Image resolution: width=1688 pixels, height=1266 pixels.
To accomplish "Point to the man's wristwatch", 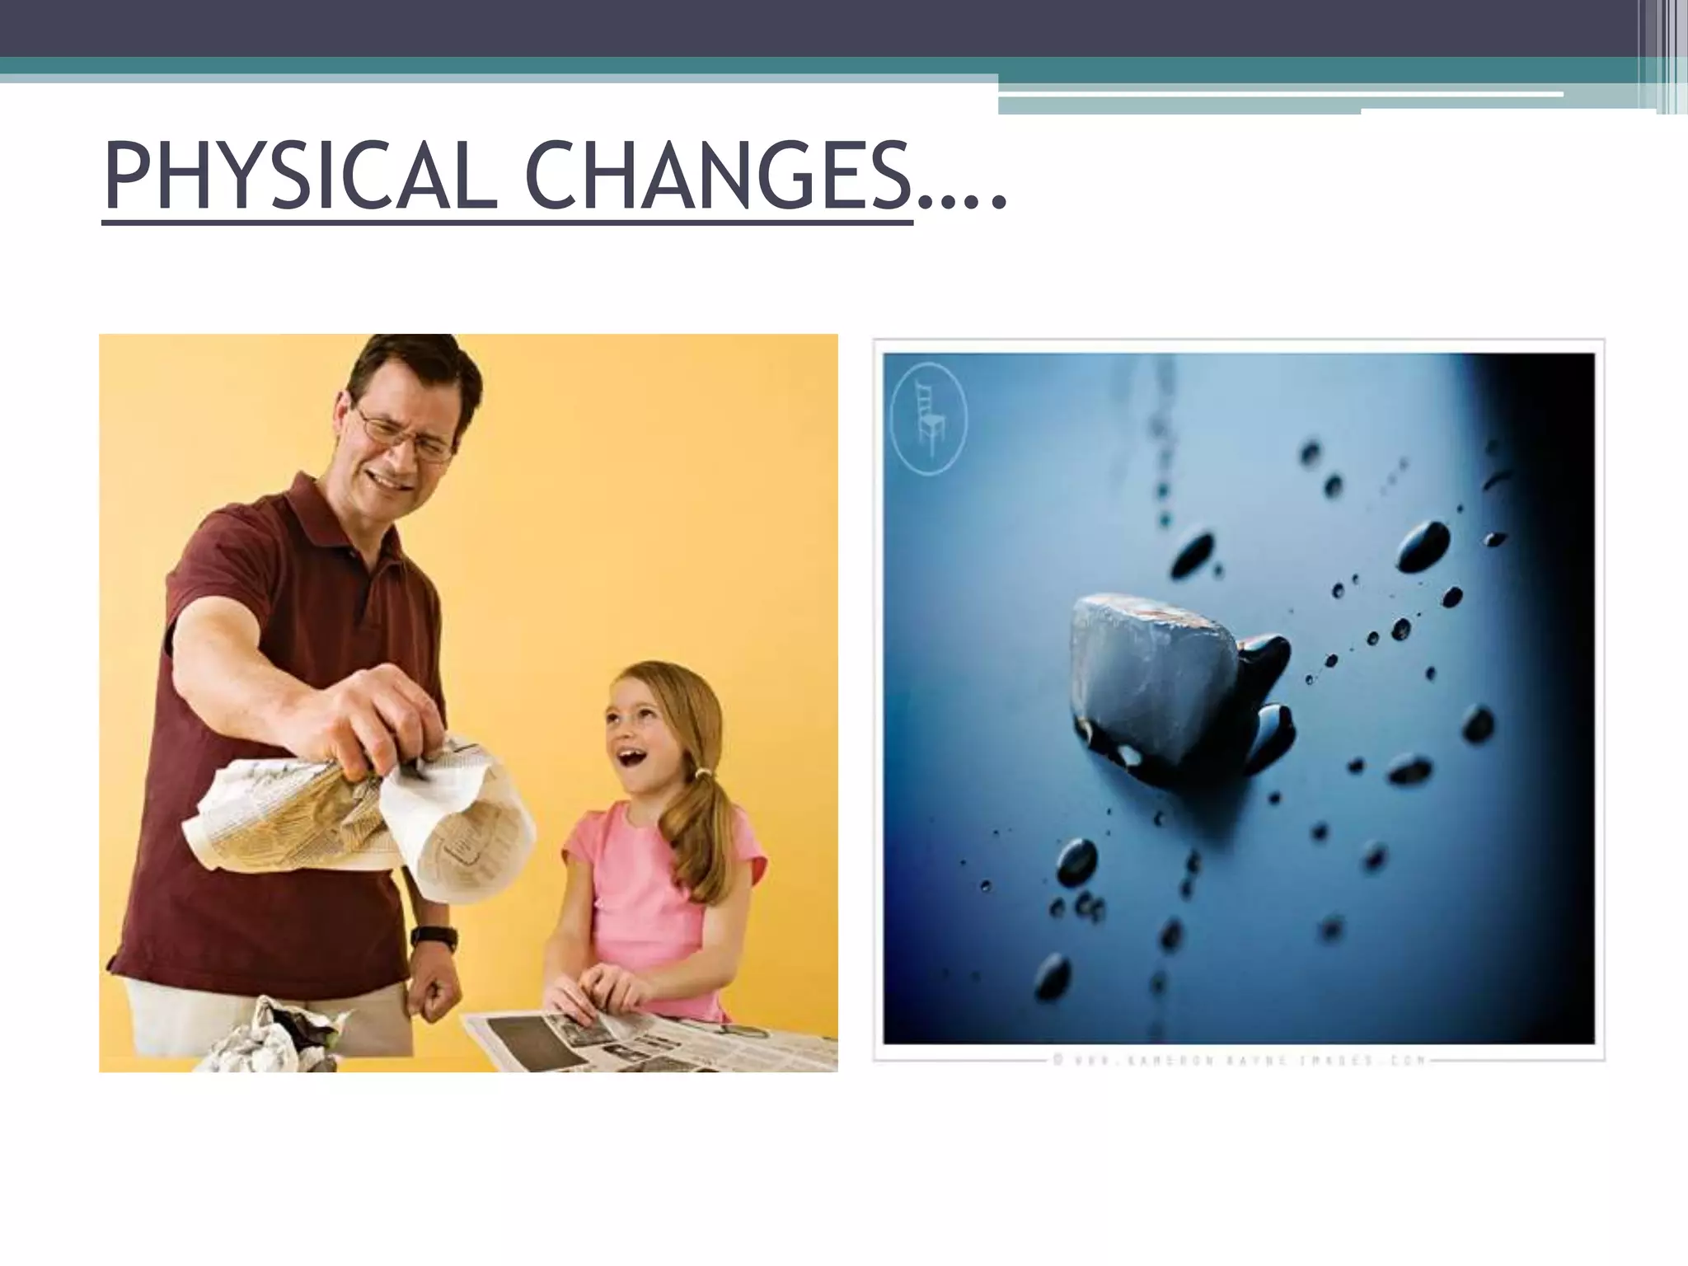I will pyautogui.click(x=434, y=937).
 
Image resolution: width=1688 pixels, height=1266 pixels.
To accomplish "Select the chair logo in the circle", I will pyautogui.click(x=931, y=423).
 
